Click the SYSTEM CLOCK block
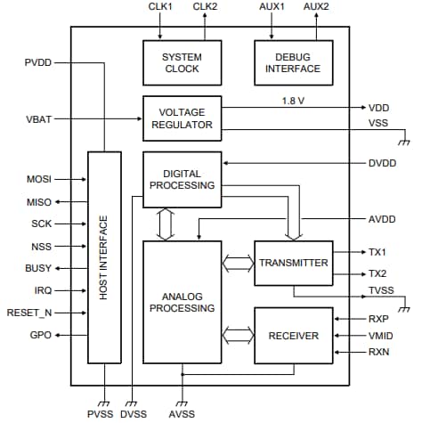click(182, 61)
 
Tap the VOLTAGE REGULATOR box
click(182, 118)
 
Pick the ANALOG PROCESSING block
click(182, 302)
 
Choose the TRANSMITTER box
click(294, 263)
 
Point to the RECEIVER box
click(294, 335)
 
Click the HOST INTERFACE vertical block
click(104, 257)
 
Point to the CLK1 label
click(160, 7)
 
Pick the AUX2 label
click(315, 7)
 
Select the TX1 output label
click(378, 252)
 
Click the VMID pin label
click(382, 335)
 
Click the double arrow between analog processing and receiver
click(238, 335)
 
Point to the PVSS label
click(101, 415)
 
